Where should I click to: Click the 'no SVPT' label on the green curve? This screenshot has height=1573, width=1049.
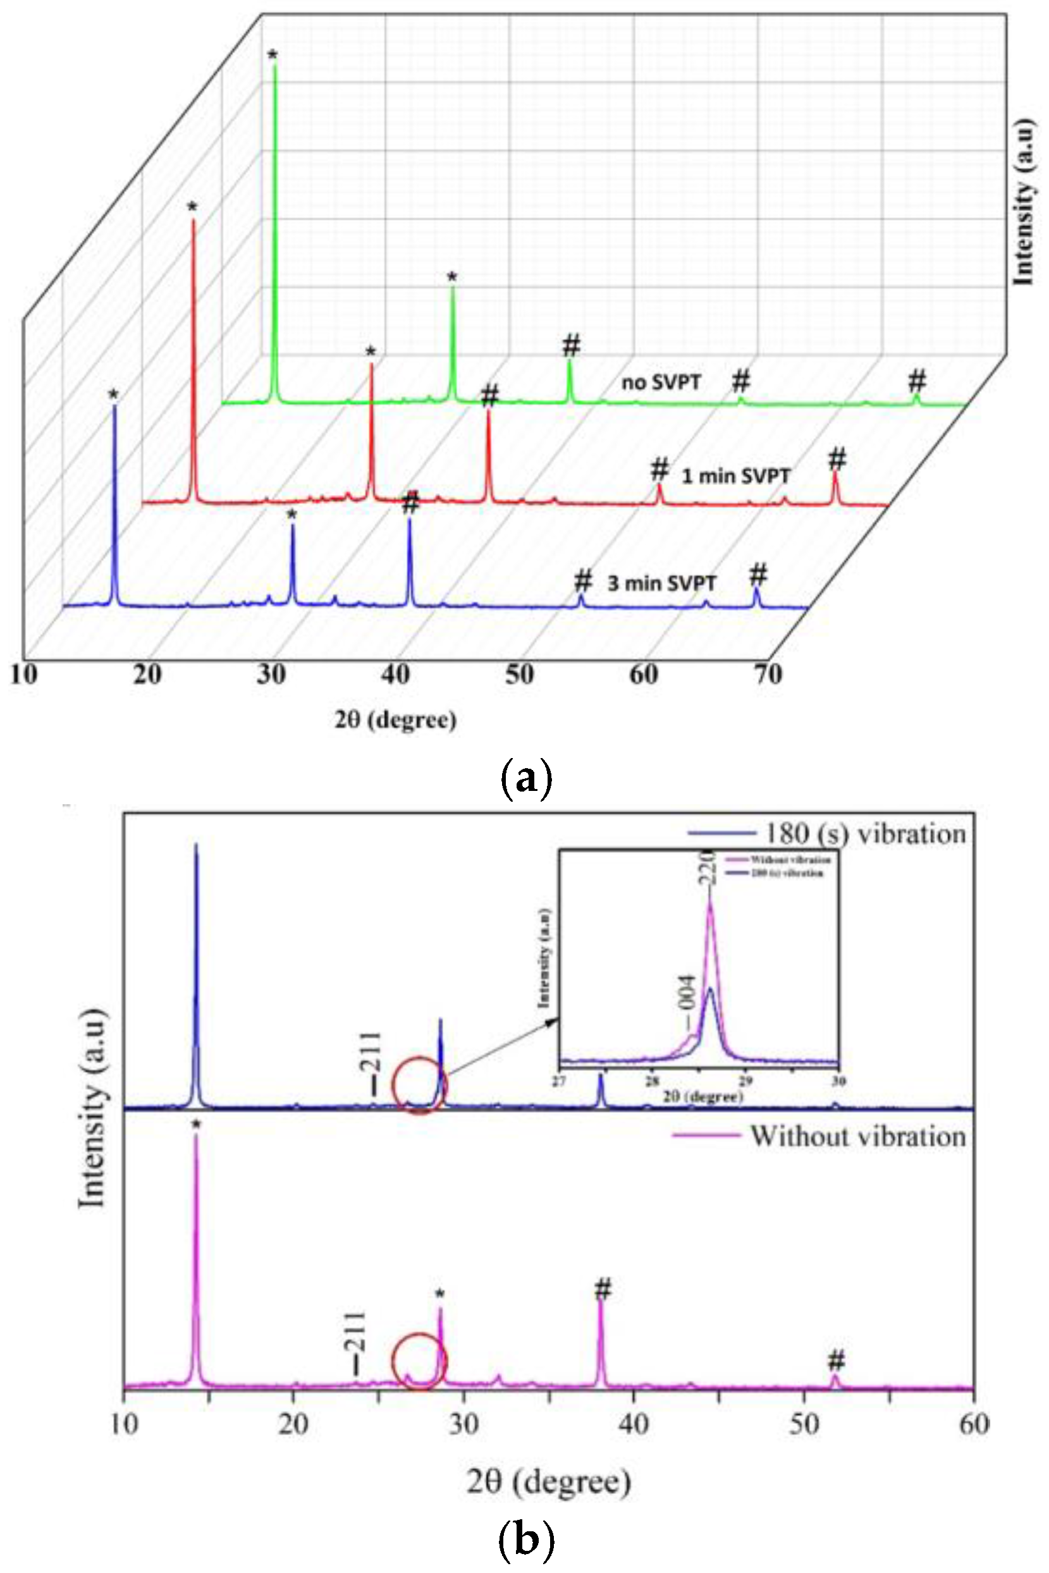(x=661, y=383)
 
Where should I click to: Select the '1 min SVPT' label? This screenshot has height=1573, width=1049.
(x=735, y=476)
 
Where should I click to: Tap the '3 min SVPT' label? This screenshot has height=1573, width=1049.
(x=661, y=583)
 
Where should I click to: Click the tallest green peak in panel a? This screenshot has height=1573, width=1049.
(x=274, y=67)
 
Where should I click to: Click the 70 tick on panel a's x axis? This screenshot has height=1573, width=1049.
(x=768, y=674)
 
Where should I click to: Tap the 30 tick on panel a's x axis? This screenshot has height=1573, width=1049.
(x=272, y=674)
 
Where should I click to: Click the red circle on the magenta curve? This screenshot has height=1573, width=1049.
(x=419, y=1362)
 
